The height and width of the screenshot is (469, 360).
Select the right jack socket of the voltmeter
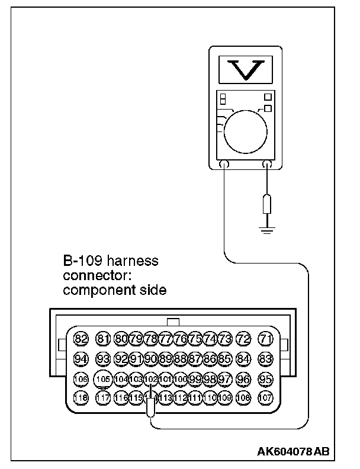pos(267,164)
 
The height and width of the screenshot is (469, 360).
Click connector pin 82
pos(81,339)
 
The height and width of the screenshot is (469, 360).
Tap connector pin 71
pos(266,339)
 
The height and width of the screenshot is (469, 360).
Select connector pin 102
pos(151,378)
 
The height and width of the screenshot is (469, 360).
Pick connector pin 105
pos(104,378)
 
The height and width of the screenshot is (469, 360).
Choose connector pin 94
pos(81,358)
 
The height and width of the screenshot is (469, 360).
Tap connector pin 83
pos(266,358)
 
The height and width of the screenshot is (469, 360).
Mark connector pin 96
pos(243,378)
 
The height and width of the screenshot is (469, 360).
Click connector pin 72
pos(243,339)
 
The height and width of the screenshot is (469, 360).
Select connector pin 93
pos(104,358)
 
